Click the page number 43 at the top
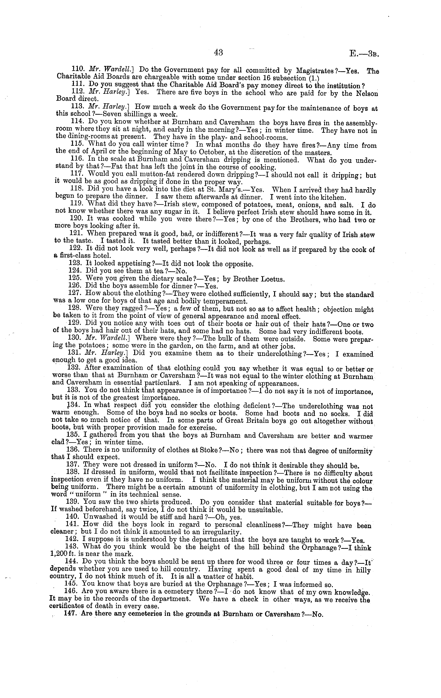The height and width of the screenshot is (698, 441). pos(218,52)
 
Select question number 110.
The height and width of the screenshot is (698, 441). pos(77,70)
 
